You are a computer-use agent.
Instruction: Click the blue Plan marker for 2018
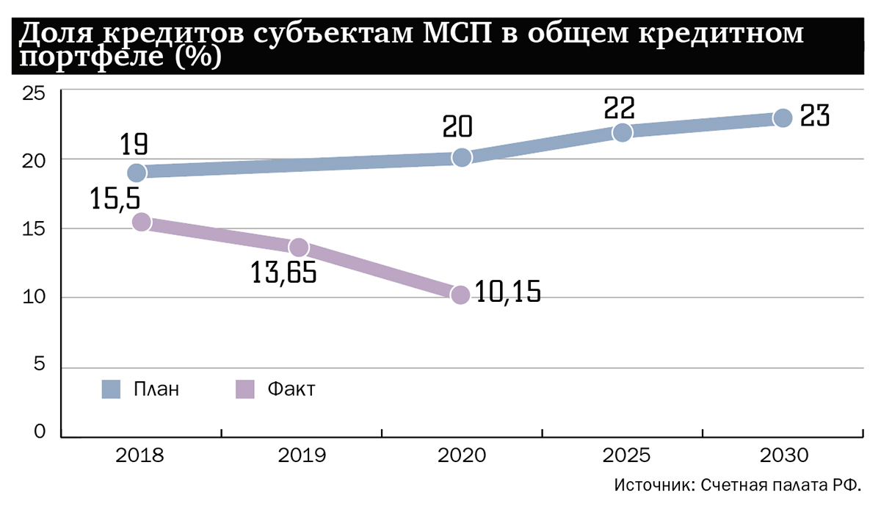(137, 173)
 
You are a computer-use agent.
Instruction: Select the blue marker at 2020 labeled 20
(462, 157)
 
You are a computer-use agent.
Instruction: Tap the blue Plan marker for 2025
(623, 132)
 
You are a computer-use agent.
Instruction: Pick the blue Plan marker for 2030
(783, 118)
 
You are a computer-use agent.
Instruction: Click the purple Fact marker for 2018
(141, 222)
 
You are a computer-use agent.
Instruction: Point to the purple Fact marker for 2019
(299, 248)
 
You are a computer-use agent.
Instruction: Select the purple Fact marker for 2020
(460, 295)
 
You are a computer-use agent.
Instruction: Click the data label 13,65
(283, 273)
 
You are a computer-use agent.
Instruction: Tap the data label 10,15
(507, 292)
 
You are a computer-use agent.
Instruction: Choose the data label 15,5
(116, 199)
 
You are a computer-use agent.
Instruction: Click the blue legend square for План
(112, 389)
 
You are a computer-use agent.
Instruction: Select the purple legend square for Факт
(244, 389)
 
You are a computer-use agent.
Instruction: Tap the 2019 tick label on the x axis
(302, 456)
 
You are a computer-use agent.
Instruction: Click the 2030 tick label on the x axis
(783, 456)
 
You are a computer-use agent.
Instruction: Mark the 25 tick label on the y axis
(34, 93)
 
